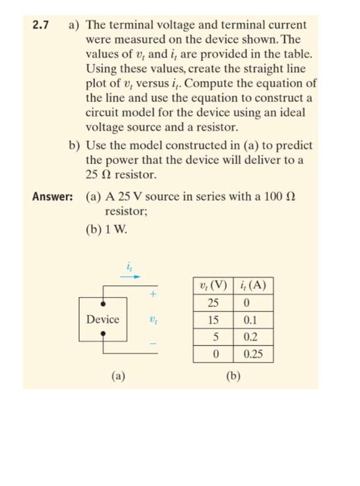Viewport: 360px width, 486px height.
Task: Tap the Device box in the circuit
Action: click(103, 319)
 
